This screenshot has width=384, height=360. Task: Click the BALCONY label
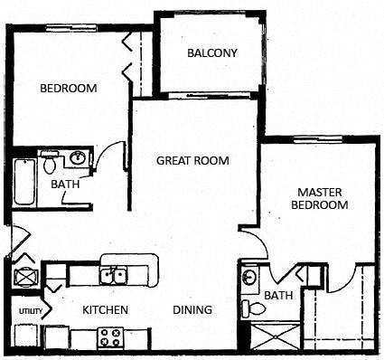point(212,52)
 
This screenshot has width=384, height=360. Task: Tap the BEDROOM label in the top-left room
point(69,89)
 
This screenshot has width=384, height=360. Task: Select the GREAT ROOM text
point(192,161)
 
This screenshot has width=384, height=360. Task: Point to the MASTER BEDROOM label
point(323,198)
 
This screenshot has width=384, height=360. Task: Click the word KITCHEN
point(105,310)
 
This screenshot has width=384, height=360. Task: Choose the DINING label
point(192,310)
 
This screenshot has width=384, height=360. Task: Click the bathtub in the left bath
point(23,181)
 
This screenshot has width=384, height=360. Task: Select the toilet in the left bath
point(51,164)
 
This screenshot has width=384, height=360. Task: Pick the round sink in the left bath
point(78,159)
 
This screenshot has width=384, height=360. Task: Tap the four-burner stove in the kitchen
point(110,337)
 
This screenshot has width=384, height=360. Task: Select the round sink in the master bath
point(251,277)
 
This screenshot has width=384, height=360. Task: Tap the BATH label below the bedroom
point(65,185)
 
